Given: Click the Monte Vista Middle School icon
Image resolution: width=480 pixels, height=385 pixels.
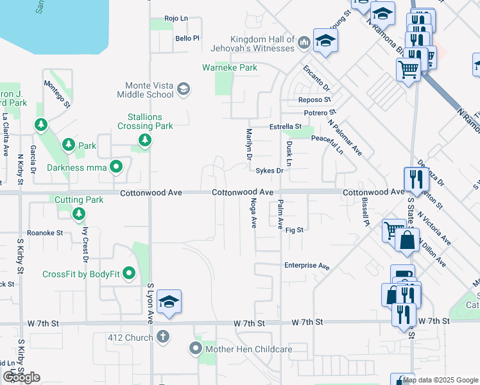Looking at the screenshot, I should [184, 89].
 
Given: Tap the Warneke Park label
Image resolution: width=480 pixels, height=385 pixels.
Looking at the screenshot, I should [230, 67].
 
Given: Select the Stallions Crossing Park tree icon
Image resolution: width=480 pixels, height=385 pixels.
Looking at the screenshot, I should [145, 139].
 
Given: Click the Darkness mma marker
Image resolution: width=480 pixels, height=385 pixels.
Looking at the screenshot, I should [116, 168].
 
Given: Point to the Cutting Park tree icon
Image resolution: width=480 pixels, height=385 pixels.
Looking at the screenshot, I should [79, 213].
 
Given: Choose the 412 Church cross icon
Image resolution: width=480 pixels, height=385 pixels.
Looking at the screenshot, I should [164, 336].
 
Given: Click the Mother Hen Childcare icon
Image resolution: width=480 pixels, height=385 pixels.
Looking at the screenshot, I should [195, 349].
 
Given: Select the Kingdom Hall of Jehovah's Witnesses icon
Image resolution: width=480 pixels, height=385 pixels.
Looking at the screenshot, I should [304, 43].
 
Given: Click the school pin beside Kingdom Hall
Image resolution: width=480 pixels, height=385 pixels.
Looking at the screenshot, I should [326, 40].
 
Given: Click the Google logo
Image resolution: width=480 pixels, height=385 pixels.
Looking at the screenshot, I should [21, 377].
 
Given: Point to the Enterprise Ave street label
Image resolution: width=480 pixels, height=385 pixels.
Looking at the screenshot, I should [307, 266].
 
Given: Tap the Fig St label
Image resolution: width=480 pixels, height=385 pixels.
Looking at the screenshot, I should [295, 230].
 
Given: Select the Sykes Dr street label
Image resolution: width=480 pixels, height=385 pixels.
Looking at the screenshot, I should [270, 171].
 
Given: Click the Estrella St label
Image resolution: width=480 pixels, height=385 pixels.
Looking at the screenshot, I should [285, 127].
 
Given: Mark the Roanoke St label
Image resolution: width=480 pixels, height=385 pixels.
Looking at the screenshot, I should [44, 233].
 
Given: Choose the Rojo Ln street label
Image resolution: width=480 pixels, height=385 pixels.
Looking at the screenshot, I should [176, 19].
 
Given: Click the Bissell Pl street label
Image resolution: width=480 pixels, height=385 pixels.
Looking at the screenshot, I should [365, 214].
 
